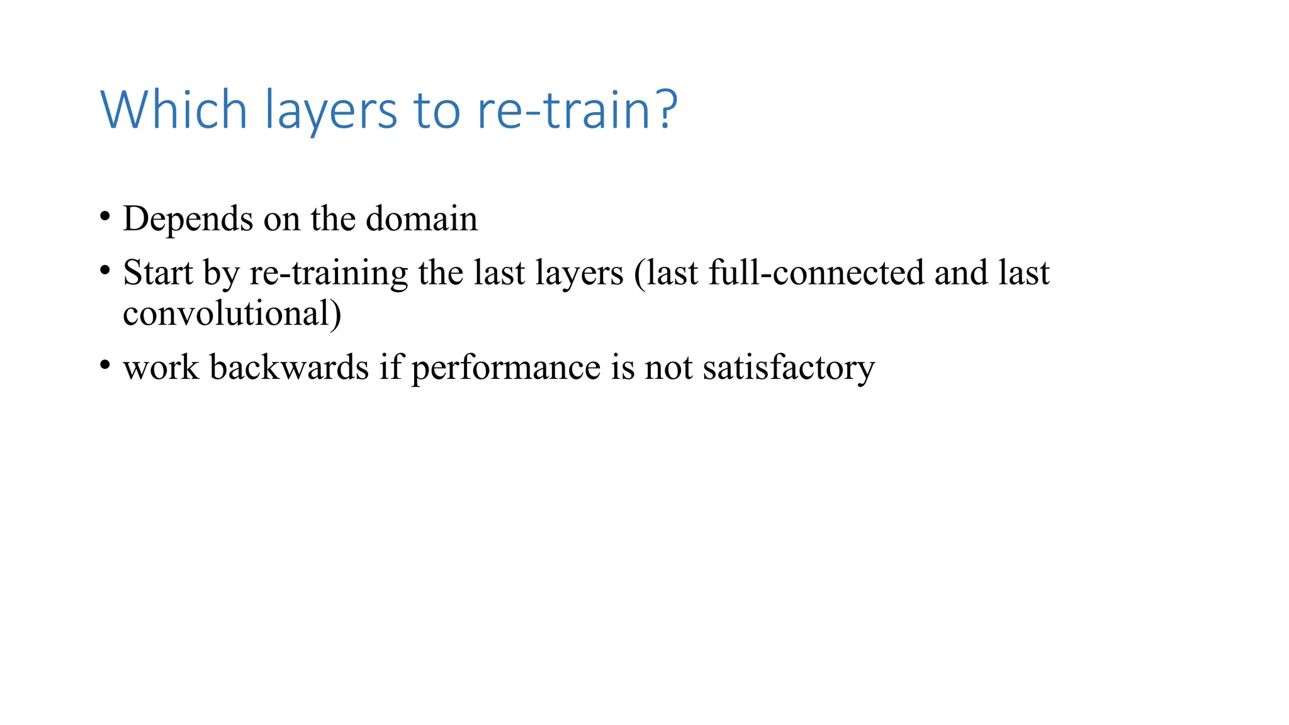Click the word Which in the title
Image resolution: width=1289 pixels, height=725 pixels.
click(174, 110)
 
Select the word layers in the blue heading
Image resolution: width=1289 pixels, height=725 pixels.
click(331, 111)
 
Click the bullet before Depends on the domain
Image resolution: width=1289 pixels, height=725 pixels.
click(105, 217)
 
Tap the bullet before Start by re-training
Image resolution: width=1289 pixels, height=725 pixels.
click(105, 271)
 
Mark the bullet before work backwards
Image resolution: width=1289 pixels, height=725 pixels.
click(105, 366)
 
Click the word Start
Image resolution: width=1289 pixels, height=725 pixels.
click(158, 273)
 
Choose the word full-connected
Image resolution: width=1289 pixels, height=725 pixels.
click(816, 273)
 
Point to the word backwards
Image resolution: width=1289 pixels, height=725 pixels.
click(289, 367)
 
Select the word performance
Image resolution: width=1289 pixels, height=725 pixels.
click(506, 368)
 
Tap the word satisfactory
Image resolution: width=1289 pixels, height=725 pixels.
click(789, 368)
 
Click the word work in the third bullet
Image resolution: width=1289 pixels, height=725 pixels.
click(161, 367)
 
